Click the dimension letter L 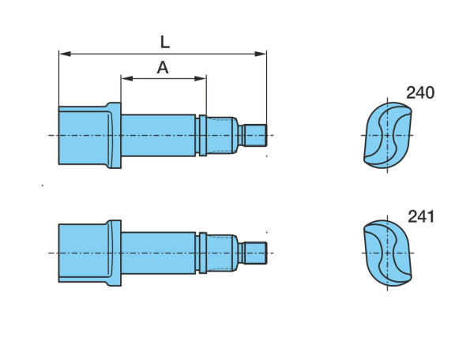pyautogui.click(x=165, y=43)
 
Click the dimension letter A pyautogui.click(x=163, y=68)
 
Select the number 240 pyautogui.click(x=420, y=92)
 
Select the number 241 pyautogui.click(x=421, y=216)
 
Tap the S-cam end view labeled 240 pyautogui.click(x=388, y=135)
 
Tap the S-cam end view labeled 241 pyautogui.click(x=388, y=253)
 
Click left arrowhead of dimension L pyautogui.click(x=65, y=54)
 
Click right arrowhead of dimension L pyautogui.click(x=260, y=54)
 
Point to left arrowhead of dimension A pyautogui.click(x=127, y=78)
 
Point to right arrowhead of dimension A pyautogui.click(x=200, y=78)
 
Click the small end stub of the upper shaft pyautogui.click(x=255, y=135)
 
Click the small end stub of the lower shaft pyautogui.click(x=255, y=253)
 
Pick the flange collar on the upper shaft pyautogui.click(x=115, y=135)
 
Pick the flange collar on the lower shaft pyautogui.click(x=115, y=253)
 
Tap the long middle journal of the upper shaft pyautogui.click(x=158, y=135)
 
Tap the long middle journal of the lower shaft pyautogui.click(x=158, y=253)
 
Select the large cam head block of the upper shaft pyautogui.click(x=83, y=135)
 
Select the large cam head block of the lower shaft pyautogui.click(x=83, y=253)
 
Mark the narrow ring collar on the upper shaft pyautogui.click(x=203, y=135)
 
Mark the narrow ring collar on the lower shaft pyautogui.click(x=203, y=253)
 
